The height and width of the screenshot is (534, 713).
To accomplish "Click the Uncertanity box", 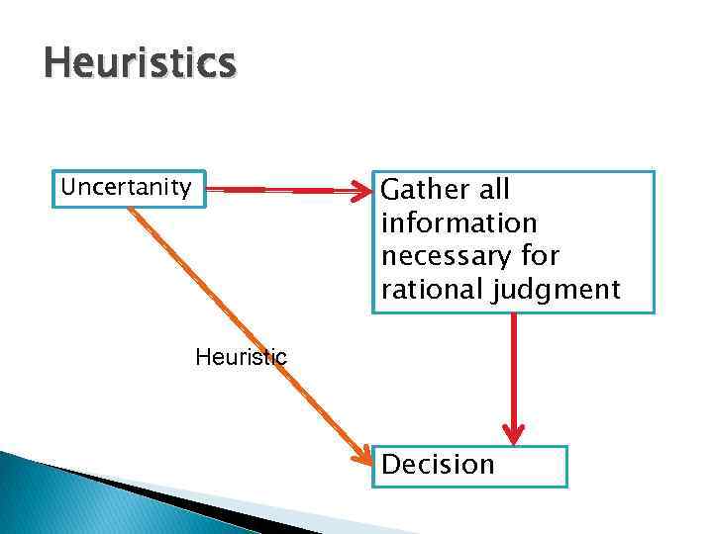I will [128, 188].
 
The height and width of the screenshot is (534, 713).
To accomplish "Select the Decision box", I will [468, 466].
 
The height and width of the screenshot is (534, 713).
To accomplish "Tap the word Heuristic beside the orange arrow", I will [242, 357].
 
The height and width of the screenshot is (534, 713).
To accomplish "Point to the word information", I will [458, 222].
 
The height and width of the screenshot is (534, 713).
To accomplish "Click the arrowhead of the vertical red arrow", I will [513, 432].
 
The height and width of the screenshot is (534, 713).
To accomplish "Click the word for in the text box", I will [544, 256].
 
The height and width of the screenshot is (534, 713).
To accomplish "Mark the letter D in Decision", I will [391, 465].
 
